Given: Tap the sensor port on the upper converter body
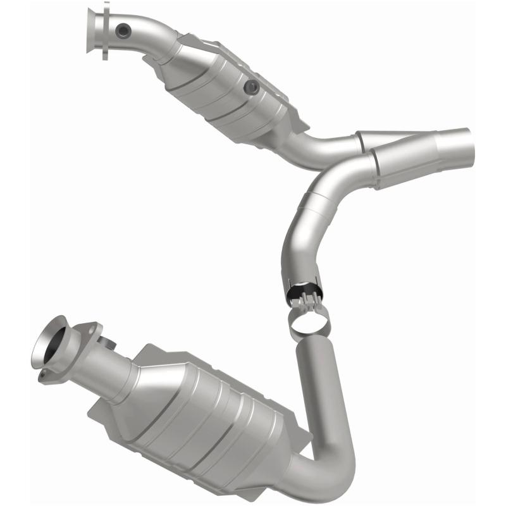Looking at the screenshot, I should [x=252, y=87].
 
